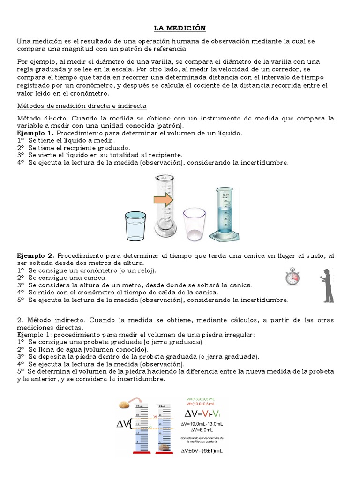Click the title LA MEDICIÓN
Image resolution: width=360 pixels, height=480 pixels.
click(180, 28)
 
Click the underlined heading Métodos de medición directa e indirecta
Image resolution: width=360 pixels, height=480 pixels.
click(82, 106)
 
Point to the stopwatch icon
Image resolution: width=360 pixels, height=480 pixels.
click(292, 277)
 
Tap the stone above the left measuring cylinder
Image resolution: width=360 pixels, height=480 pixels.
click(125, 404)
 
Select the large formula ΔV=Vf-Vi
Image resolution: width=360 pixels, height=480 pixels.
click(202, 413)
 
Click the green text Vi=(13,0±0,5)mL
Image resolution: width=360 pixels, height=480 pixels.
click(201, 398)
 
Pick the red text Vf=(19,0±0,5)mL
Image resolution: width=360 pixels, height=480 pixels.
click(201, 403)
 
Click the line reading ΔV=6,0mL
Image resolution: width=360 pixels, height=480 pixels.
click(202, 429)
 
